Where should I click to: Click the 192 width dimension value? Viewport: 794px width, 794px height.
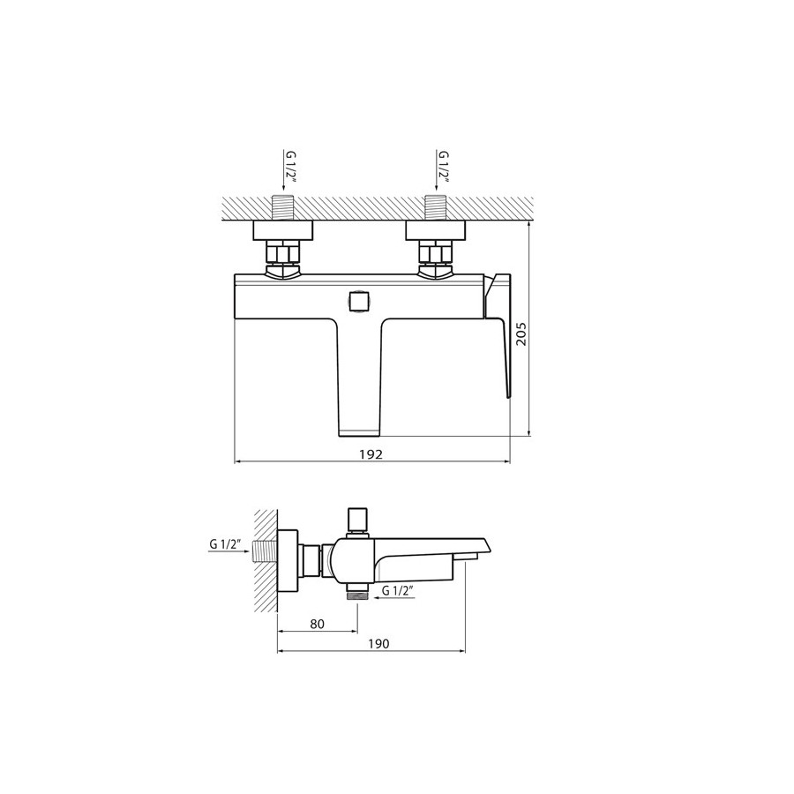(371, 454)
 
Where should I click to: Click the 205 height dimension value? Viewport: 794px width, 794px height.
(521, 333)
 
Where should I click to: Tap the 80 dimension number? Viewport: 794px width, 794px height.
(317, 624)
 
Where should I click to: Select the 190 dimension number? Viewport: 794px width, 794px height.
(378, 644)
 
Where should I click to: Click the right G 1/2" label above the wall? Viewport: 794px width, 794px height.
(444, 167)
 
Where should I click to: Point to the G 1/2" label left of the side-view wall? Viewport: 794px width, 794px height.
(226, 544)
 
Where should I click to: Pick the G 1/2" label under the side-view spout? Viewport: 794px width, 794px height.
(398, 590)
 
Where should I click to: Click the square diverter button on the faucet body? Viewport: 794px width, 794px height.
(359, 301)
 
